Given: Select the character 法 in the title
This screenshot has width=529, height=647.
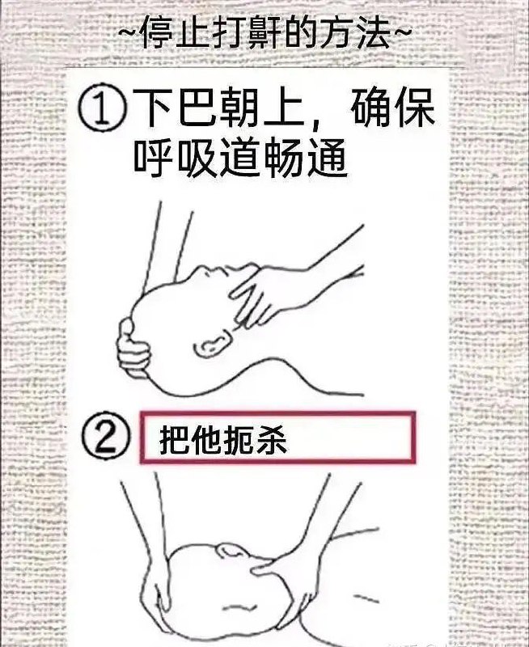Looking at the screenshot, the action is click(x=373, y=33).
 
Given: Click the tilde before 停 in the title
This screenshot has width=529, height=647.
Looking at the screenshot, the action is click(x=129, y=32).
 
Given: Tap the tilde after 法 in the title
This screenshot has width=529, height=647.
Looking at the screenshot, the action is click(x=400, y=32).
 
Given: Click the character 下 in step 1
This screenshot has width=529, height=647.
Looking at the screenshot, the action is click(x=152, y=109).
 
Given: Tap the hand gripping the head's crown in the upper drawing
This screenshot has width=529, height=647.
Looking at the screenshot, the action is click(x=133, y=349).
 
